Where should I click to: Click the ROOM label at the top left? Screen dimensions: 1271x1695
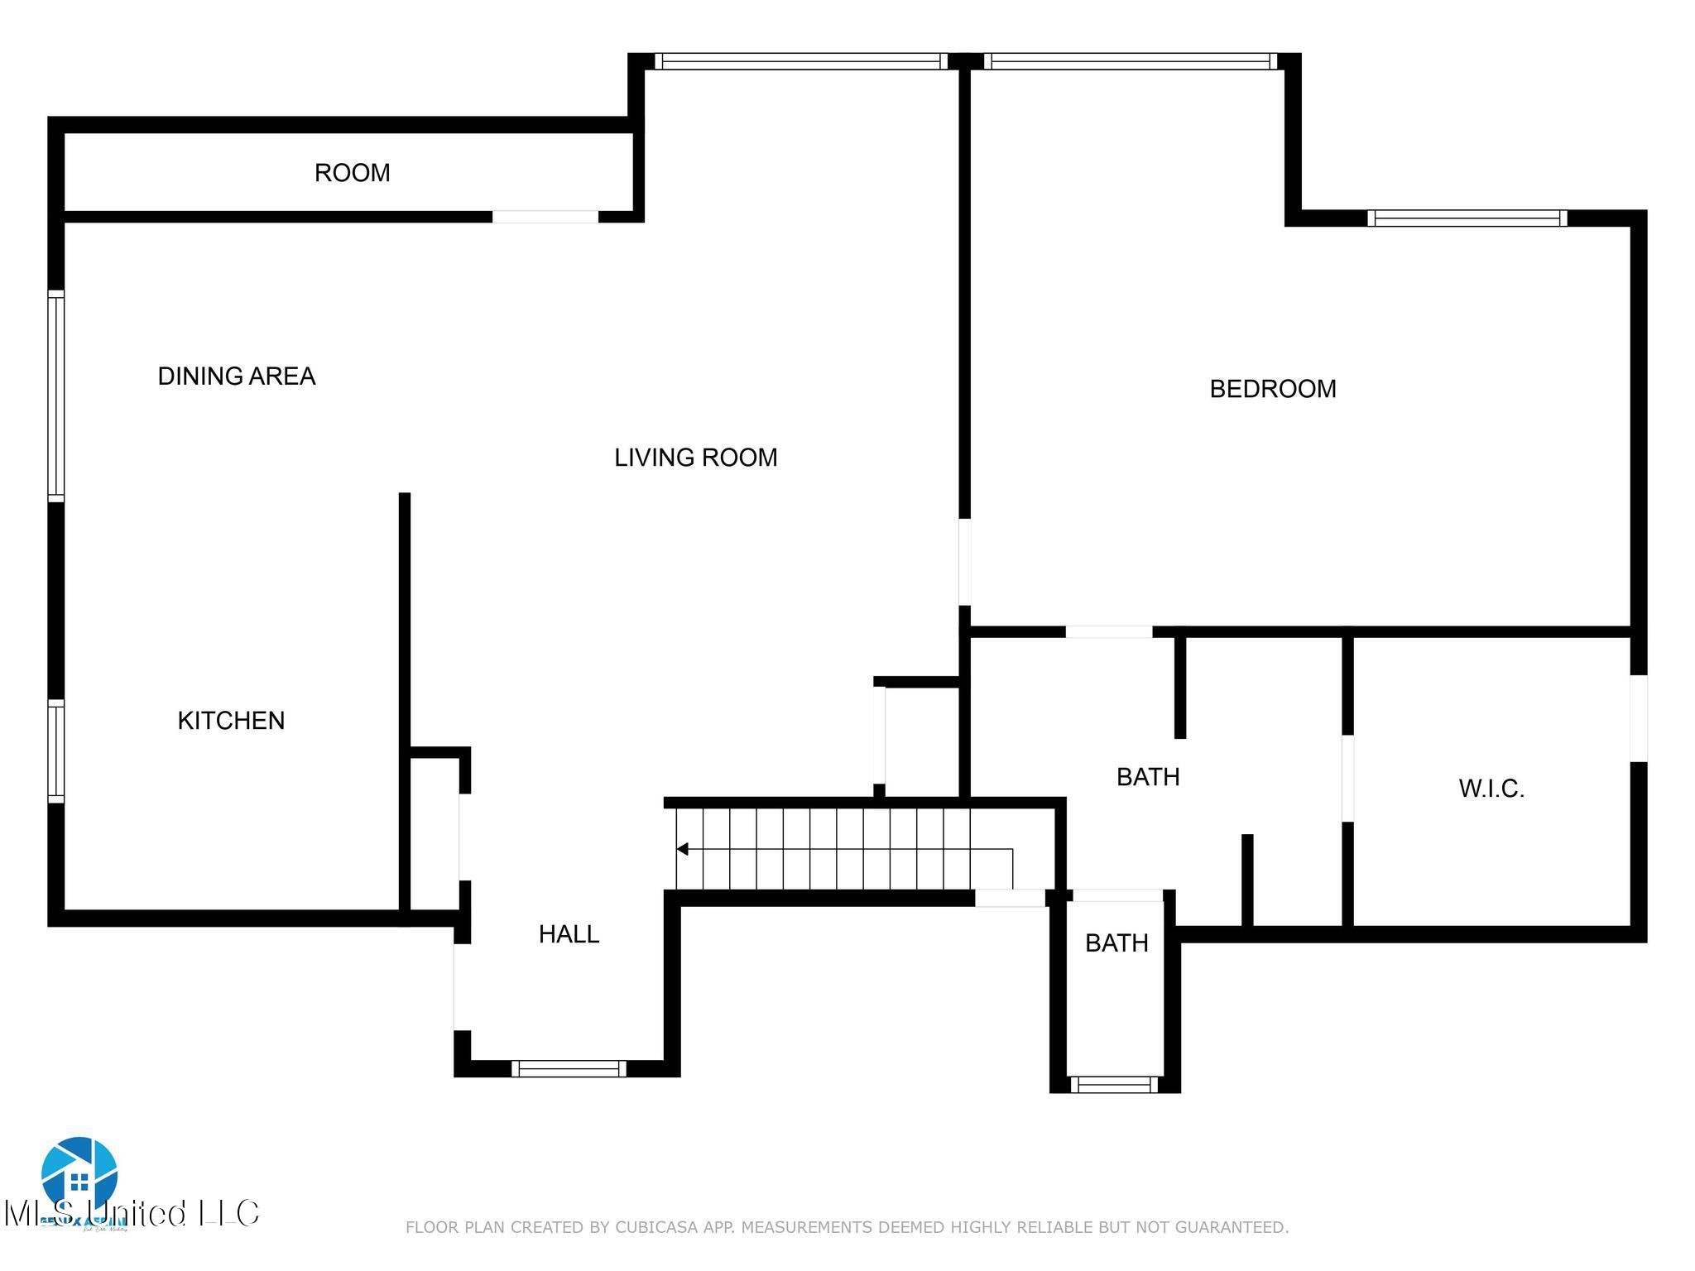[352, 173]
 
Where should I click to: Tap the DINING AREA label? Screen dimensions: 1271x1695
[237, 377]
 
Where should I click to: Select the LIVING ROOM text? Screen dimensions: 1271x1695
[695, 458]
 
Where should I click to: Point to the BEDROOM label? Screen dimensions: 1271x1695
[1272, 389]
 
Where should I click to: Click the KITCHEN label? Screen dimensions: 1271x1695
[231, 721]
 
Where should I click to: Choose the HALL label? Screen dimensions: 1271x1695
[569, 934]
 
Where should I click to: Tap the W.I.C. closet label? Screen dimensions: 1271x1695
[1491, 789]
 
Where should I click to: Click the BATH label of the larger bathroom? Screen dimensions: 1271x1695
[1147, 777]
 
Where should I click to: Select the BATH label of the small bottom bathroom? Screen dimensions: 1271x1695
[1116, 943]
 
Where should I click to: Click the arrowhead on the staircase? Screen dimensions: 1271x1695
[683, 849]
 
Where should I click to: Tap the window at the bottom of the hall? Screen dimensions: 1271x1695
[568, 1068]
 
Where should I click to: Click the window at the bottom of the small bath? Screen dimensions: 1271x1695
[1114, 1085]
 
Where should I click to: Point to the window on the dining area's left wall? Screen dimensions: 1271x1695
[55, 396]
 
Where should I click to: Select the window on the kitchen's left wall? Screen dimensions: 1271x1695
[55, 751]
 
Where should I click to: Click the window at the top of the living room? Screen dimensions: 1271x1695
[800, 61]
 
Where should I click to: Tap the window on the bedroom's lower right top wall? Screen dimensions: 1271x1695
[1467, 218]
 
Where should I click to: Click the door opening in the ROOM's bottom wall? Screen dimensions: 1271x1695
[545, 217]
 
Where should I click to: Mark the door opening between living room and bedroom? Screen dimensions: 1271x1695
[964, 562]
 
